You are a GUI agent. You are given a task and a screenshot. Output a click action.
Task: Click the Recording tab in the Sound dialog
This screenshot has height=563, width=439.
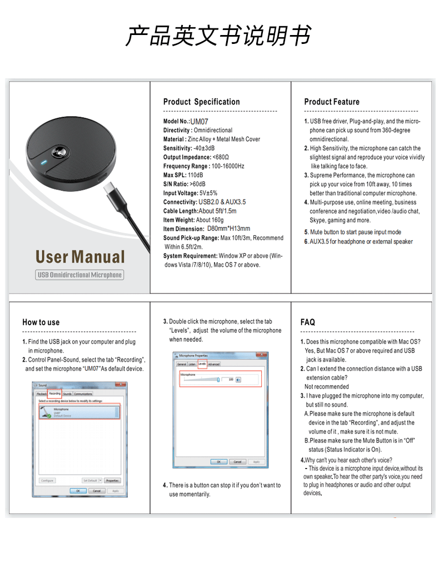tap(54, 393)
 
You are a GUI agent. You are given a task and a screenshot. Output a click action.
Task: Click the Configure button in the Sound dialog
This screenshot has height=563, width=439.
tap(47, 480)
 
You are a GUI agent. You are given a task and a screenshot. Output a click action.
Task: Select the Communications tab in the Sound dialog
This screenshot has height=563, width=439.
tap(83, 393)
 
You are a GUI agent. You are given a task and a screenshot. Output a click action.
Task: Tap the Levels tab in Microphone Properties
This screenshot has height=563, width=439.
tap(202, 364)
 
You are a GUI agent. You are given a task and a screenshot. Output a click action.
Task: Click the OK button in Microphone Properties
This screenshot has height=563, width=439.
tap(218, 462)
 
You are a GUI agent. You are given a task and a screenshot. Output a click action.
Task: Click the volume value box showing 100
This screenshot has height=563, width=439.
tap(230, 380)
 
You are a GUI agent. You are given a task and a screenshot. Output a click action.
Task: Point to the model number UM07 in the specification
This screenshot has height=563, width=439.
tap(199, 121)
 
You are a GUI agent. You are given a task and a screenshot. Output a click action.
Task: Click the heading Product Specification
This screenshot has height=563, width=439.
tap(201, 102)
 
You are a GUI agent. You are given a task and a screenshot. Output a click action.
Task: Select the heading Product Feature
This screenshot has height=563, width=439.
tap(331, 102)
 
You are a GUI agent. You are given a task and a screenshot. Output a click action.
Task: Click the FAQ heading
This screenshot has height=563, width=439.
tap(307, 322)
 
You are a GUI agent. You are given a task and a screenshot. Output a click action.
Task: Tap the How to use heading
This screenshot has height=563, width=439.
tap(41, 322)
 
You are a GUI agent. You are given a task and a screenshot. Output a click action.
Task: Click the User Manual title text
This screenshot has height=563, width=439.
tap(80, 257)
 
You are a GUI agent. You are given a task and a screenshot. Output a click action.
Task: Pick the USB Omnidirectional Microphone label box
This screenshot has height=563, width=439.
tap(79, 275)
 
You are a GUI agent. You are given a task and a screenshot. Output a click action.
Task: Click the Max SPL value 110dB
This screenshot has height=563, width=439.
tap(196, 175)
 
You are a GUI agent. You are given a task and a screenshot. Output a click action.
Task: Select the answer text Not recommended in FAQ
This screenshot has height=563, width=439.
tap(326, 387)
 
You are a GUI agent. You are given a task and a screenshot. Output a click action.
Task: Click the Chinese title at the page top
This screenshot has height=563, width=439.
tap(218, 36)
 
